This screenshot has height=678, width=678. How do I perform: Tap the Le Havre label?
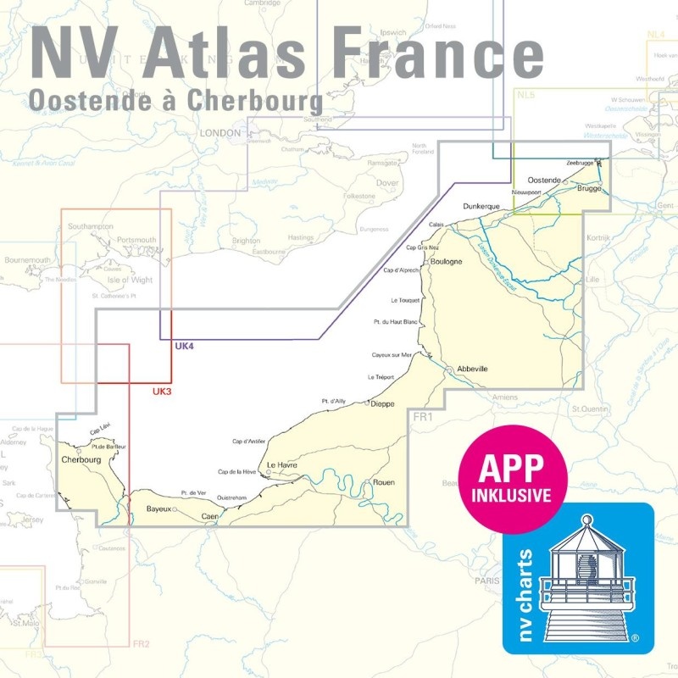pos(282,465)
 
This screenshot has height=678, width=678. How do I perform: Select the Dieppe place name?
pos(385,404)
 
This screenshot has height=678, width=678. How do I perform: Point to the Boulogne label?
pos(446,261)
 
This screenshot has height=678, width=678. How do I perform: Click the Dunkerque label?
pos(484,206)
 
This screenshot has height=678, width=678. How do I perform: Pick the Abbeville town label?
pos(472,369)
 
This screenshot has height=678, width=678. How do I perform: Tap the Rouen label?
pos(383,482)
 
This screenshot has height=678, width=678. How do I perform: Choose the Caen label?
pos(210,516)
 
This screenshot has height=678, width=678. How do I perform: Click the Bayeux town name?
pos(158,508)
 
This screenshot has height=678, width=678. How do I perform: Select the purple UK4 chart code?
pos(184,347)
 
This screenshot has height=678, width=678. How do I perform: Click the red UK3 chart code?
pos(162,392)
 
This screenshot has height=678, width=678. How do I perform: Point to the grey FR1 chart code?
pos(422,417)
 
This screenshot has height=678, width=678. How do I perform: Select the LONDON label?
pos(220,133)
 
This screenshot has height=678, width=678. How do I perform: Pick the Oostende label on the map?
pos(543,181)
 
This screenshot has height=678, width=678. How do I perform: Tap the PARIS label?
pos(486,581)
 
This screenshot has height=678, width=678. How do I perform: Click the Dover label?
pos(386,182)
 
